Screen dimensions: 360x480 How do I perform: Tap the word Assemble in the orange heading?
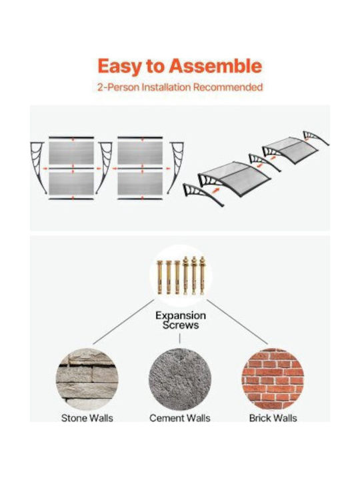click(x=215, y=65)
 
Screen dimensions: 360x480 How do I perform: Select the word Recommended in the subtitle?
click(x=228, y=87)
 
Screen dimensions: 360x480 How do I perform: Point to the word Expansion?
click(x=181, y=315)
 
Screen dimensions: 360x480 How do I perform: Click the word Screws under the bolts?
click(x=181, y=325)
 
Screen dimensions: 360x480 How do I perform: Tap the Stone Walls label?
click(x=87, y=418)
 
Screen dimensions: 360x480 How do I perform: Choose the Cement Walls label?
click(x=180, y=418)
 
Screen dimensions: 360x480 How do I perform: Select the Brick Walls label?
click(x=273, y=418)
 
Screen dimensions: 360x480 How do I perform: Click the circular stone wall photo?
click(x=87, y=379)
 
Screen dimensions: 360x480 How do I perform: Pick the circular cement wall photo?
click(x=180, y=379)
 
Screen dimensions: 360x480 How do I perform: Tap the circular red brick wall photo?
click(x=273, y=379)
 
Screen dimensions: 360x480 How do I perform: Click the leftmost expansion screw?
click(x=159, y=277)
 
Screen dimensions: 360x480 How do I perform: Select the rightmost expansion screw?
click(x=203, y=275)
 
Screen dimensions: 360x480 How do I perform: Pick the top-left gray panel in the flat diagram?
click(x=71, y=153)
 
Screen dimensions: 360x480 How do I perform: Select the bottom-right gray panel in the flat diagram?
click(x=140, y=183)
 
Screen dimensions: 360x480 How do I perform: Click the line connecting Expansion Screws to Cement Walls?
click(x=180, y=339)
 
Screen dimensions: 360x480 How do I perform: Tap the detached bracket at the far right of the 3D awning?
click(x=316, y=138)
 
